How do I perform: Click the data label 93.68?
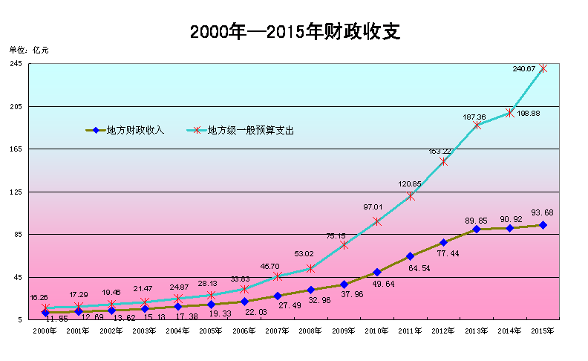point(543,212)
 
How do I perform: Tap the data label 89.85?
point(476,220)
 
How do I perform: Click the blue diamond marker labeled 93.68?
point(543,225)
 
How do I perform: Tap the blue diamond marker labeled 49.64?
point(377,273)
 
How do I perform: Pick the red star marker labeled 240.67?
point(543,68)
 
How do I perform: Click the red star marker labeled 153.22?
point(443,162)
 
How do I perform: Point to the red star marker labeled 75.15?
point(344,245)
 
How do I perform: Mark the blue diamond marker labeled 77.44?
point(443,242)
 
